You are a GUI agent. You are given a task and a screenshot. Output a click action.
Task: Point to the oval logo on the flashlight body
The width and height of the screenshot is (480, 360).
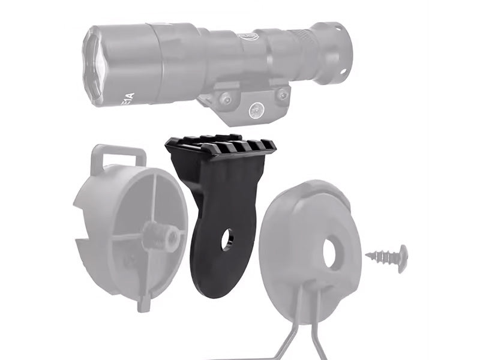click(x=249, y=37)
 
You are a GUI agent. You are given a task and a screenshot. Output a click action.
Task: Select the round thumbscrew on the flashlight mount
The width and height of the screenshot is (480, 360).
click(x=256, y=109)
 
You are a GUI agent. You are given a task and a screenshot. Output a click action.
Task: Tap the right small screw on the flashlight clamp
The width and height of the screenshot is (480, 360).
click(x=282, y=94)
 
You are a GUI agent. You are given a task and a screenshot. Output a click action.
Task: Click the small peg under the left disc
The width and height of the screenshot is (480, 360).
click(x=144, y=303)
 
